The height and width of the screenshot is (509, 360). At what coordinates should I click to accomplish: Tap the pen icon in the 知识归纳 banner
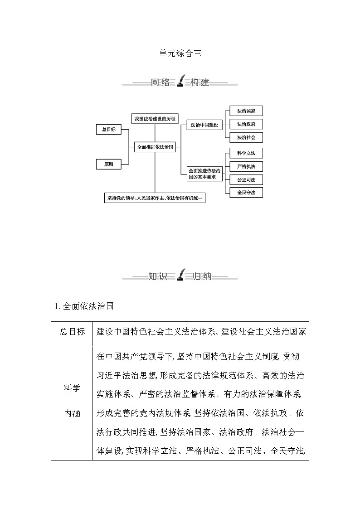pyautogui.click(x=180, y=275)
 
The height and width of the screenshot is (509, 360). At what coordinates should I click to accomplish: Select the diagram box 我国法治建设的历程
pyautogui.click(x=155, y=118)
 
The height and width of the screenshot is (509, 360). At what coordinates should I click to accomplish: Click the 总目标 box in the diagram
pyautogui.click(x=109, y=130)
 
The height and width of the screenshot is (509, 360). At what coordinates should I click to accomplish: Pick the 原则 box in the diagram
pyautogui.click(x=109, y=165)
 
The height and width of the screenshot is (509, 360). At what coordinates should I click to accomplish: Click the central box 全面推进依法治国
pyautogui.click(x=155, y=147)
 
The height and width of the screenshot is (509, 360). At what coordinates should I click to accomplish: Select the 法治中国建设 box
pyautogui.click(x=205, y=125)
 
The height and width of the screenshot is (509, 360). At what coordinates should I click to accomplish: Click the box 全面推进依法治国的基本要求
pyautogui.click(x=205, y=174)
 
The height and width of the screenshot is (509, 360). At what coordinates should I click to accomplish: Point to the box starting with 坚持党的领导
pyautogui.click(x=155, y=198)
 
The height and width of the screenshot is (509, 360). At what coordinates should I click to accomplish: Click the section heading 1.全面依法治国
pyautogui.click(x=83, y=306)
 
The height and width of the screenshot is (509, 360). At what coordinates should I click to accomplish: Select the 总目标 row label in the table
pyautogui.click(x=72, y=332)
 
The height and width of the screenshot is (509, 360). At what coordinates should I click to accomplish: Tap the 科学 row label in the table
pyautogui.click(x=72, y=389)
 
